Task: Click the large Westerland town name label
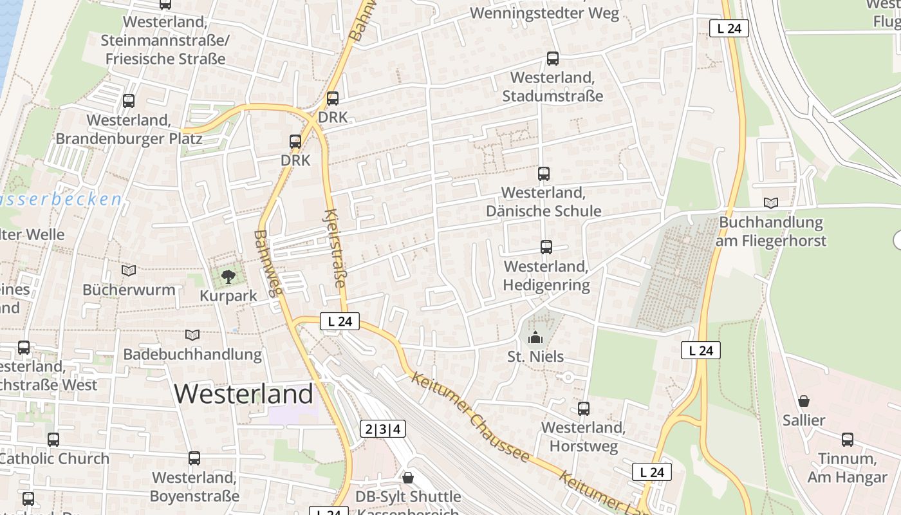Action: click(x=244, y=393)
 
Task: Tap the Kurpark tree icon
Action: click(x=228, y=277)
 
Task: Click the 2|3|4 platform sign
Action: click(x=383, y=429)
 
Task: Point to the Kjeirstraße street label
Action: click(x=335, y=248)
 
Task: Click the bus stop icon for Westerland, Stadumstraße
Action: click(x=552, y=59)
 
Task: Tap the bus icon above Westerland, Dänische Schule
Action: click(x=544, y=173)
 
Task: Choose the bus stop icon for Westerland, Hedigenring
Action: click(x=546, y=247)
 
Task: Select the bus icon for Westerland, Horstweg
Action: click(x=584, y=408)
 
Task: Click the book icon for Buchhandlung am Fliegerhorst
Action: click(x=771, y=203)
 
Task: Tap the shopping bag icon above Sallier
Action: click(x=804, y=401)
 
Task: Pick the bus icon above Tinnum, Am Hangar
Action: click(x=848, y=440)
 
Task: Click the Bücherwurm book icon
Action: click(x=129, y=270)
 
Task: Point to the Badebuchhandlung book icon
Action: click(x=192, y=335)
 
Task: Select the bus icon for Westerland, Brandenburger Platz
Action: click(x=129, y=100)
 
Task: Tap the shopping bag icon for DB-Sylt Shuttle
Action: click(x=407, y=478)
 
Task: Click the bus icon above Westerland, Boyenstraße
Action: click(x=194, y=458)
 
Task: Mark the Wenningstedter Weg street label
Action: click(x=544, y=13)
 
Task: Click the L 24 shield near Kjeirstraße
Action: click(x=339, y=321)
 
